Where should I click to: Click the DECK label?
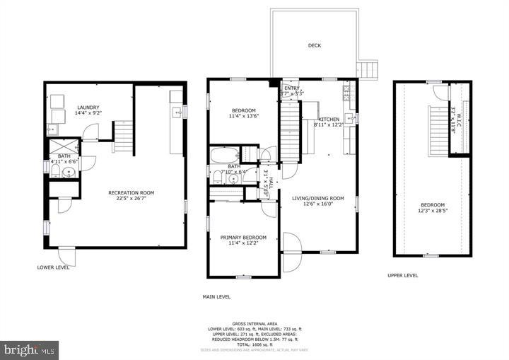(x=315, y=46)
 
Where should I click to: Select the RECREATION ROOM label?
(x=131, y=192)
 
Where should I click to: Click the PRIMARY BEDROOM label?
(x=243, y=237)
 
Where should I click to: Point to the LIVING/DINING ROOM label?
(x=317, y=198)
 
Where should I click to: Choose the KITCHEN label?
(x=329, y=120)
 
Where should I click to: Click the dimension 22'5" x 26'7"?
(x=131, y=199)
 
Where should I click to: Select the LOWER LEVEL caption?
(x=54, y=267)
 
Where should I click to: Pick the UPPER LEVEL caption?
(x=402, y=276)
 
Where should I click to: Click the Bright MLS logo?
(x=30, y=349)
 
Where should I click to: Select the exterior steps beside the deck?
(x=367, y=69)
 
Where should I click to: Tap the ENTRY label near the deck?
(x=292, y=88)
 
